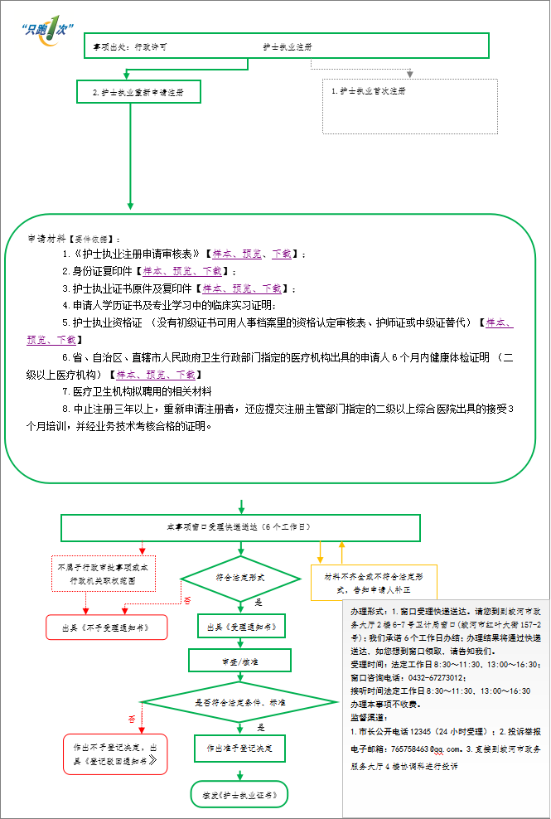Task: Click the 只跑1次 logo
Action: [x=44, y=30]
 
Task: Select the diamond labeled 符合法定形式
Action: [x=240, y=578]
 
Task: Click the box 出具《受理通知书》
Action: [x=241, y=626]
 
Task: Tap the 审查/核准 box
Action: [x=240, y=660]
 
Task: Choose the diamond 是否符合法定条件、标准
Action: [x=240, y=702]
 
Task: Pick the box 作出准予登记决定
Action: [x=240, y=749]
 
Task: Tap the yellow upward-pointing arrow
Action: [x=341, y=552]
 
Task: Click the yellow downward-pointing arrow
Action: [x=321, y=552]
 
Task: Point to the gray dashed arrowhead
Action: [x=409, y=74]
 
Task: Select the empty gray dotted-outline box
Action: [x=409, y=106]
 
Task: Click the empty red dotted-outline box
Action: [x=104, y=573]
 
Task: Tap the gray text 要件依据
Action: [x=90, y=239]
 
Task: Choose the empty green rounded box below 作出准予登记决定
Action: [x=239, y=794]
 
